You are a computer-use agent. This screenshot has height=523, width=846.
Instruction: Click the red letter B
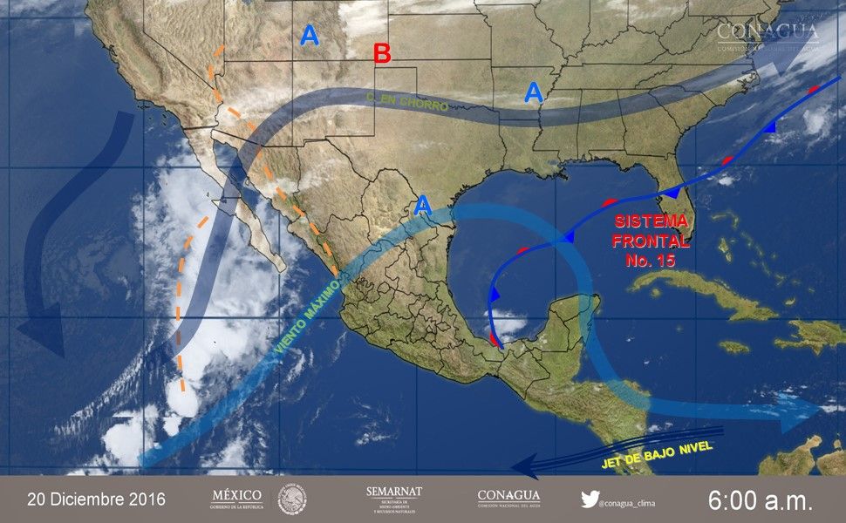(381, 53)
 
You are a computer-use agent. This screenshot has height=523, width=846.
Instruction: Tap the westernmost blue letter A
(310, 36)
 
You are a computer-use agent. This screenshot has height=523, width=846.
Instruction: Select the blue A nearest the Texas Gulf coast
(423, 206)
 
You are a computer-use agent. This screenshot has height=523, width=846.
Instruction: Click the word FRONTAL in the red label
(650, 241)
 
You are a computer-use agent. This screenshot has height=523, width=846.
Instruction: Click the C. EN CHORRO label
(406, 104)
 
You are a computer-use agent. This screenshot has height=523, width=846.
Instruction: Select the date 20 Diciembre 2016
(96, 499)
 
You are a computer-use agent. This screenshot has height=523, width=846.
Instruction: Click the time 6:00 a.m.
(760, 500)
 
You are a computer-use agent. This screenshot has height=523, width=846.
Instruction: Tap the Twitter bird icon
(590, 499)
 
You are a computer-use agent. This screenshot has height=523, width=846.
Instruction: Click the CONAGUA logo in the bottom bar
(508, 499)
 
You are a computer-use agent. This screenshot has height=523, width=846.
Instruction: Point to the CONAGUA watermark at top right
(768, 35)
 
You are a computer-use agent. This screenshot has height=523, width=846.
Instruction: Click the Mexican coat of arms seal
(292, 499)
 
